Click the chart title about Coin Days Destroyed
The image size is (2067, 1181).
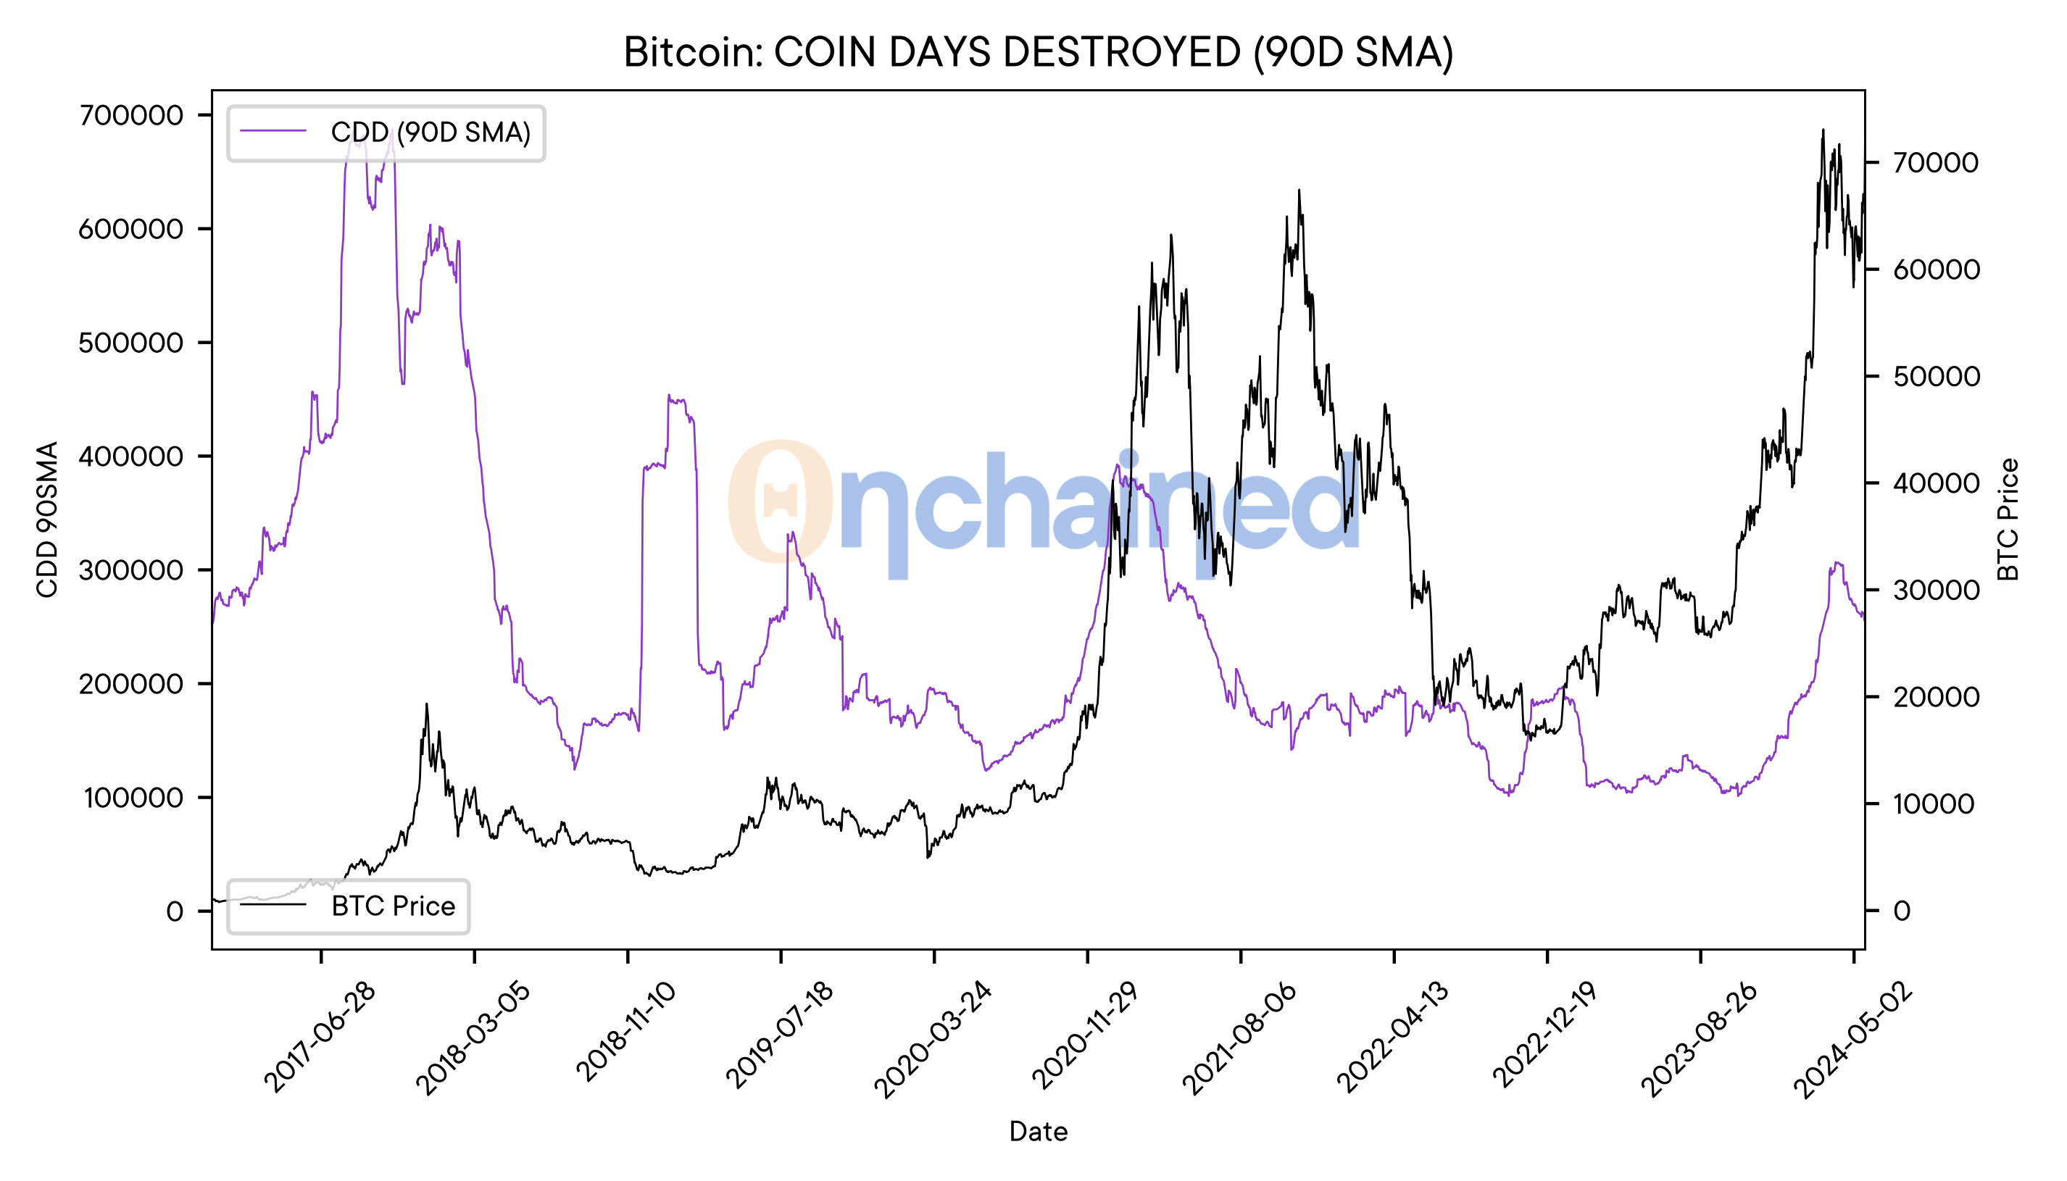pos(1038,53)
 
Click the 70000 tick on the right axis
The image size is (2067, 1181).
pos(1936,163)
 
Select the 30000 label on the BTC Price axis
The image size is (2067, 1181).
pos(1936,590)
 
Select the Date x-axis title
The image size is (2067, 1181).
pos(1038,1132)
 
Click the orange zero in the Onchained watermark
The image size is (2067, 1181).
pos(780,501)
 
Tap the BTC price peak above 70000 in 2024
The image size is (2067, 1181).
pos(1823,130)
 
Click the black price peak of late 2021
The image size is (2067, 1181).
pos(1299,191)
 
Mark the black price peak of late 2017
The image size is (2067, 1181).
pos(427,705)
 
